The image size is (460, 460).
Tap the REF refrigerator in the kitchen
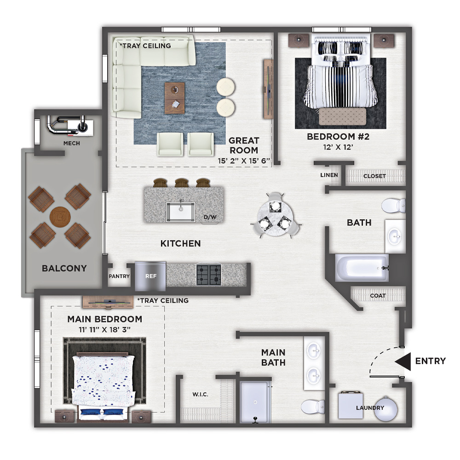coord(150,276)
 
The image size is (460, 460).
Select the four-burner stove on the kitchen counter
coord(208,275)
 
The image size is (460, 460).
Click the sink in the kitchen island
coord(180,212)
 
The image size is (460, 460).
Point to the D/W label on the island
coord(210,217)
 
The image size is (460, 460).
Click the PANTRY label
coord(119,276)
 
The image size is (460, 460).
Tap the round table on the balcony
coord(60,217)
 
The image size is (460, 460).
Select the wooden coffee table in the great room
coord(174,98)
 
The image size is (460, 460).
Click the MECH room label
coord(72,143)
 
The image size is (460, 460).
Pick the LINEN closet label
coord(329,175)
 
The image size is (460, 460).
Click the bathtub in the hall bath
coord(362,268)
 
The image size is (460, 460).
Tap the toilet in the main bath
coord(313,407)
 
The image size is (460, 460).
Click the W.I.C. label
coord(201,394)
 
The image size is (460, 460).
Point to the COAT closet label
coord(378,296)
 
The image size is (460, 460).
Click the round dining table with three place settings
coord(275,215)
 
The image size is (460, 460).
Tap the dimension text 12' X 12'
coord(338,147)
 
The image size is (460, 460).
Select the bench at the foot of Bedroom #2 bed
coord(342,116)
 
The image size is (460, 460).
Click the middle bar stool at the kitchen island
coord(182,183)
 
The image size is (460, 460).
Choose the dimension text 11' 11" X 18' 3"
coord(104,330)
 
